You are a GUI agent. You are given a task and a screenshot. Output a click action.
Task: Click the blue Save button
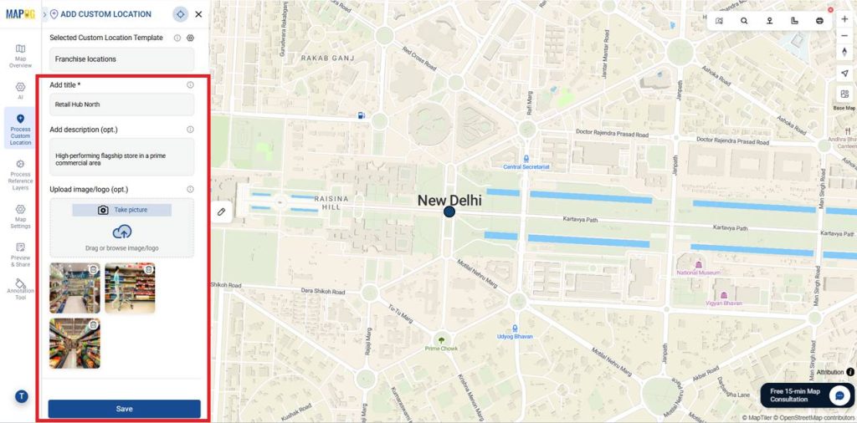124,409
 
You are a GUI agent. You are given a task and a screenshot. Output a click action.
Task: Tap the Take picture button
122,210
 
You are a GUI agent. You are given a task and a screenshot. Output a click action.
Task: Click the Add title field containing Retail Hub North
121,104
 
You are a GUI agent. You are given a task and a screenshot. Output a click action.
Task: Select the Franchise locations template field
121,59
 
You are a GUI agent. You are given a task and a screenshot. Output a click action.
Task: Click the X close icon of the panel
198,14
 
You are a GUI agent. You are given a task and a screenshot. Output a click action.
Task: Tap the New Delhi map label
449,201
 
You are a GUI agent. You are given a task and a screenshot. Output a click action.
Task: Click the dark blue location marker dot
449,213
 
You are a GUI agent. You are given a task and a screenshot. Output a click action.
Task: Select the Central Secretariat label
526,166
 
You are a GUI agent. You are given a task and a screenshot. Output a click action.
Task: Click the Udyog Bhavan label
516,336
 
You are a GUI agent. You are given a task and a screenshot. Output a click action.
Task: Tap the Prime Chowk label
441,347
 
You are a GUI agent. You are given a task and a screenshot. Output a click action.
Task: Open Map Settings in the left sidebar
20,217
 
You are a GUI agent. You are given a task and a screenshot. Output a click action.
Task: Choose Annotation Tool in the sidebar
20,289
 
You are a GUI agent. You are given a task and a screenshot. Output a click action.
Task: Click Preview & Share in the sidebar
20,252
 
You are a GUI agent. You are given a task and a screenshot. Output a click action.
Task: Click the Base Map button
844,99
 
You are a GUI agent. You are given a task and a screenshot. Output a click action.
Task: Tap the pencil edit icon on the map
221,212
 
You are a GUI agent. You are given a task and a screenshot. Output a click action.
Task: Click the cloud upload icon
122,232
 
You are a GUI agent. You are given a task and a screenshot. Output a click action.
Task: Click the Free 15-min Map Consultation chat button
806,395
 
